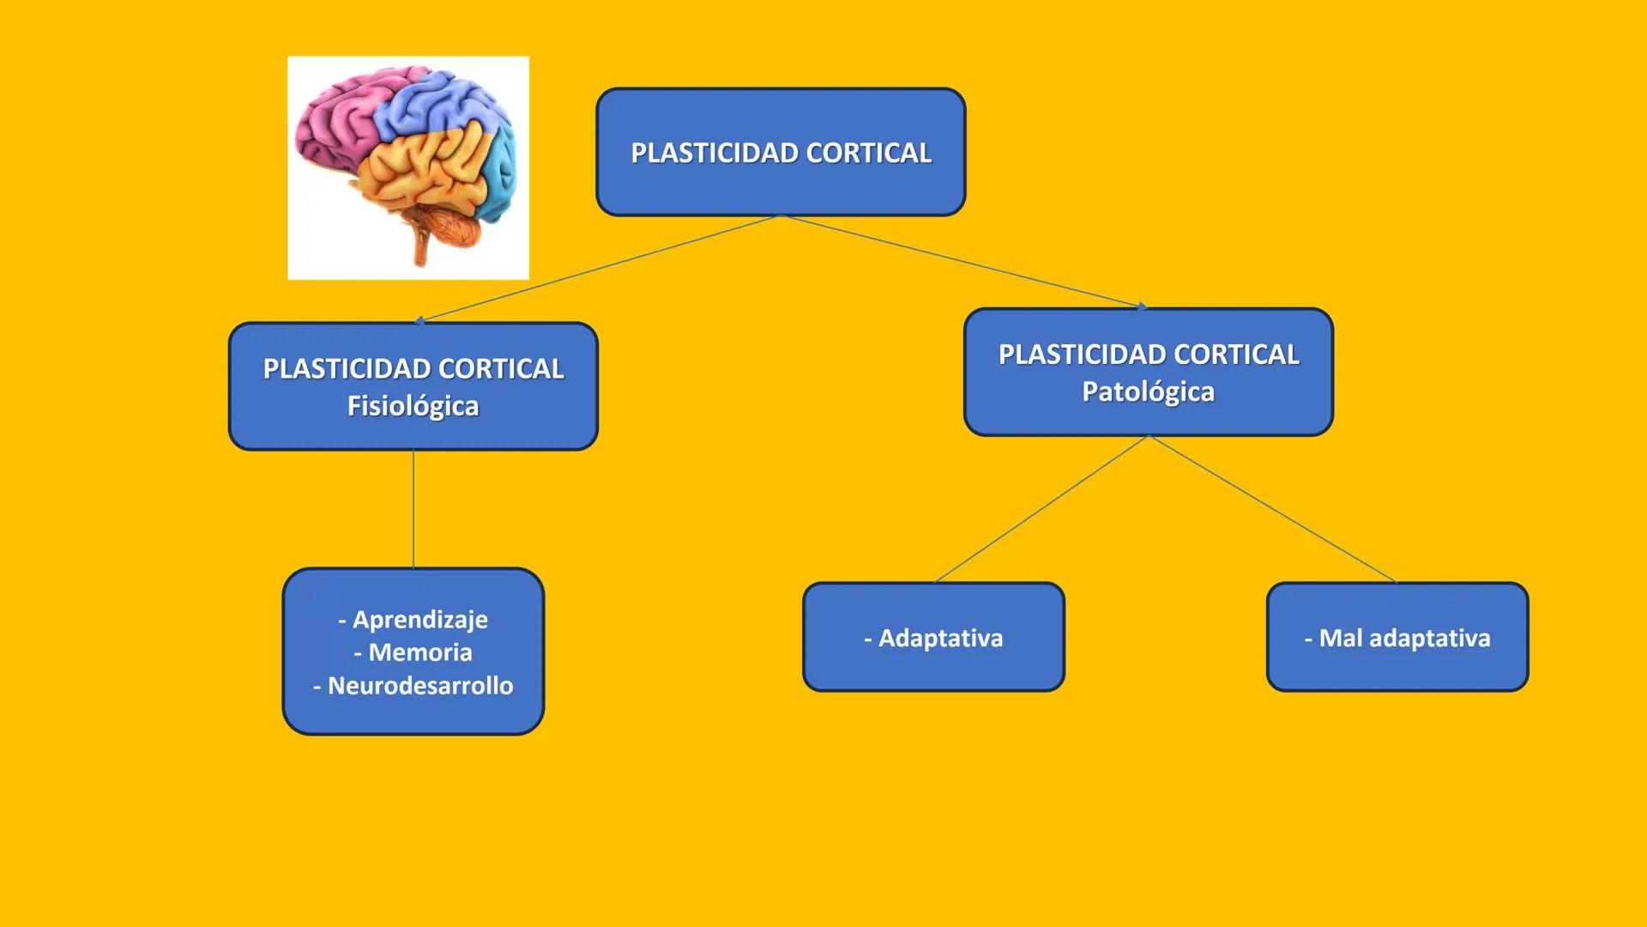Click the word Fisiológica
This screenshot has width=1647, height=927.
[413, 406]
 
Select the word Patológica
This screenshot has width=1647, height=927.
[1148, 391]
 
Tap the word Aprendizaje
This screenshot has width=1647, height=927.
[419, 619]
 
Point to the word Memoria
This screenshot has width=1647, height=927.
[419, 652]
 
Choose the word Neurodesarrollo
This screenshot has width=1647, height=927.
[419, 686]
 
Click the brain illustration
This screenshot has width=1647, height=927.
[407, 167]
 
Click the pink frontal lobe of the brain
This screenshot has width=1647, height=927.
[335, 129]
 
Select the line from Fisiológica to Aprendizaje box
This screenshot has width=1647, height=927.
[413, 508]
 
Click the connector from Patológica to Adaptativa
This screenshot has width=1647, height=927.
[1041, 509]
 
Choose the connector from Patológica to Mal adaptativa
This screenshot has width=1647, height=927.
[1272, 509]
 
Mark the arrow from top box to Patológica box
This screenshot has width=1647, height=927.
[961, 260]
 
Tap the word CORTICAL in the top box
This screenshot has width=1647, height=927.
[868, 153]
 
